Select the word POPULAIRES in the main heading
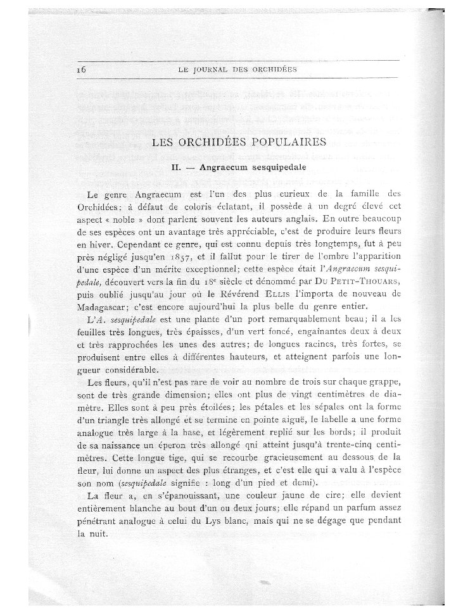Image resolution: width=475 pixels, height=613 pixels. coord(288,142)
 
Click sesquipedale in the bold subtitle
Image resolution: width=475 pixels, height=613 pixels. coord(278,168)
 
